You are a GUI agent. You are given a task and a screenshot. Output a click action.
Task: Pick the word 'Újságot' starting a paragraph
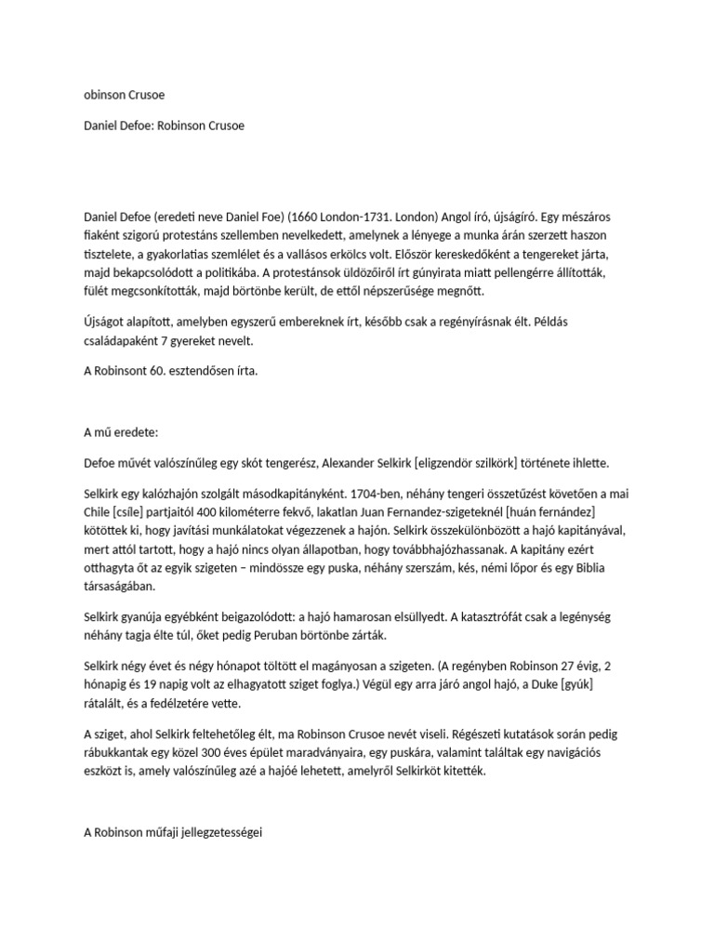[106, 322]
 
